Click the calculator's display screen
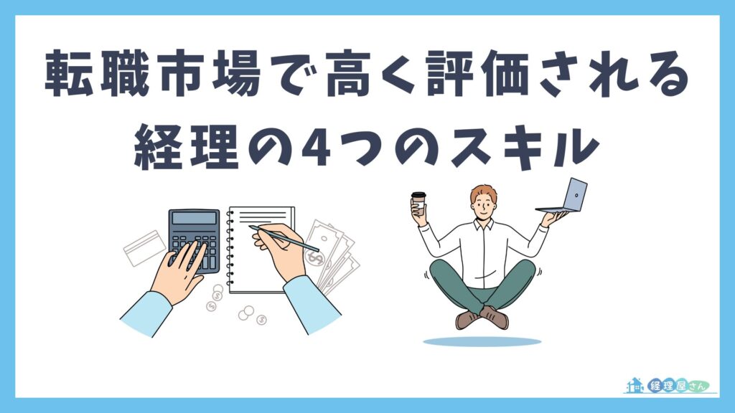coord(194,218)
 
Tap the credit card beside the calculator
coord(144,247)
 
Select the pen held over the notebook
coord(284,238)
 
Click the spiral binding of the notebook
coord(230,247)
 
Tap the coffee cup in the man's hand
coord(418,204)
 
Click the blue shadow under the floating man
coord(482,341)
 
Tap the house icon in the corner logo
coord(635,385)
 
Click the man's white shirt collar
coord(482,226)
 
